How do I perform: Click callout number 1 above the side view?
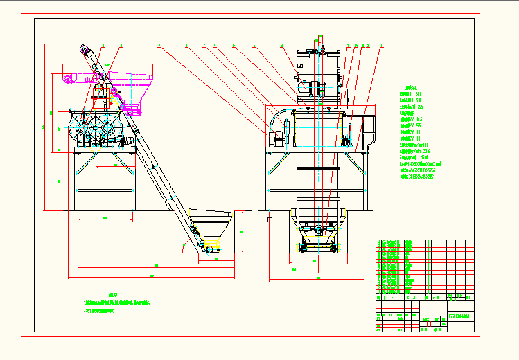coord(103,45)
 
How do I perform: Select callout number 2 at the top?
coord(121,45)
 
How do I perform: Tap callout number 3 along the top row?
coord(159,45)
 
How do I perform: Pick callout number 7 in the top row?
coord(204,45)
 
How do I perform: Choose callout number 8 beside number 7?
coord(215,45)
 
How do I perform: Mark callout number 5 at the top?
coord(234,45)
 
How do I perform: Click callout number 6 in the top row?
coord(254,45)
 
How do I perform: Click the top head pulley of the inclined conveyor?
coord(87,51)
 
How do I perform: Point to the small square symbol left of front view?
coord(269,219)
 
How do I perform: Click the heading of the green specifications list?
coord(413,88)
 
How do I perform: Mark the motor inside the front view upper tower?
coord(316,89)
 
